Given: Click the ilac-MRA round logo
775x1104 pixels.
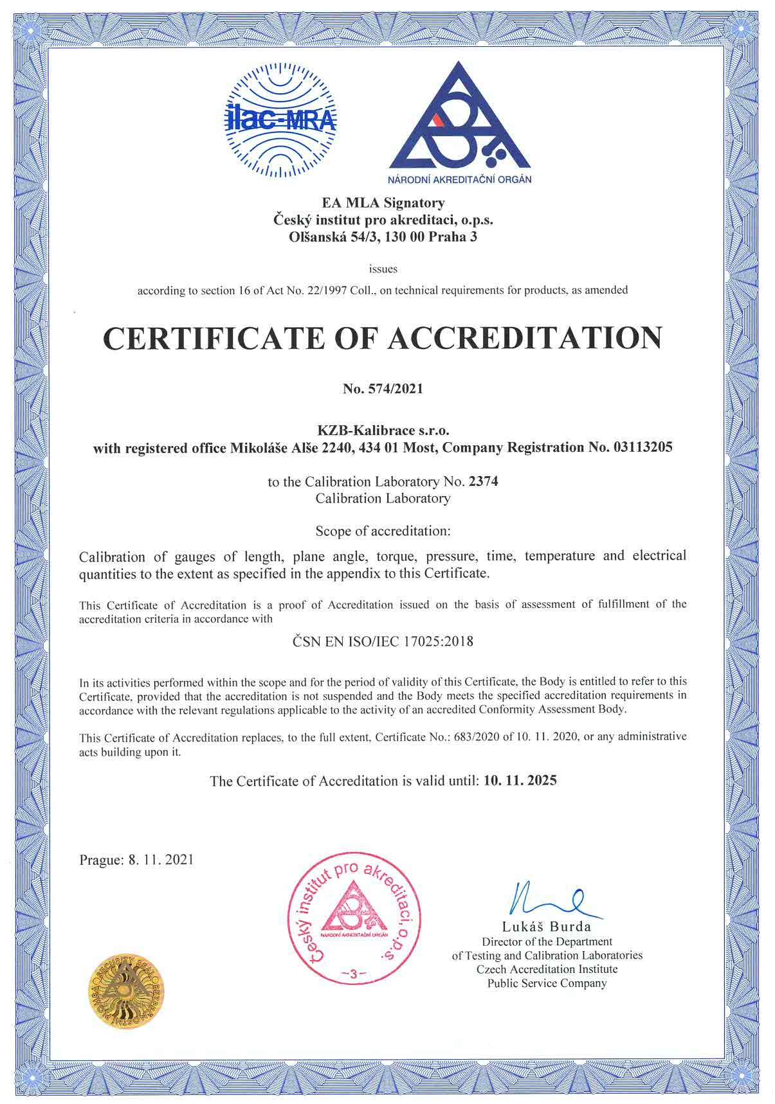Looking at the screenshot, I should (280, 120).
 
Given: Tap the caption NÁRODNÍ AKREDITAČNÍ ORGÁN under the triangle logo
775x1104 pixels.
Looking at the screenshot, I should (459, 179).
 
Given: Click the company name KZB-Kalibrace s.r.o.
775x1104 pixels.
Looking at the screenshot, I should (383, 430).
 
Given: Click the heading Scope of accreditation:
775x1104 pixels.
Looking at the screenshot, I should (383, 531).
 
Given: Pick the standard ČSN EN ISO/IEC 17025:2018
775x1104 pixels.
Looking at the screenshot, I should (383, 641).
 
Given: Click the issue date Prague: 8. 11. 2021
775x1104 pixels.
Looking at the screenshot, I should (136, 860).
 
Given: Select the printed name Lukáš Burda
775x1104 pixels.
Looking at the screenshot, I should (546, 927).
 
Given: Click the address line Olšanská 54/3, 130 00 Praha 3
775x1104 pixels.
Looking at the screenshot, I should (383, 236).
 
